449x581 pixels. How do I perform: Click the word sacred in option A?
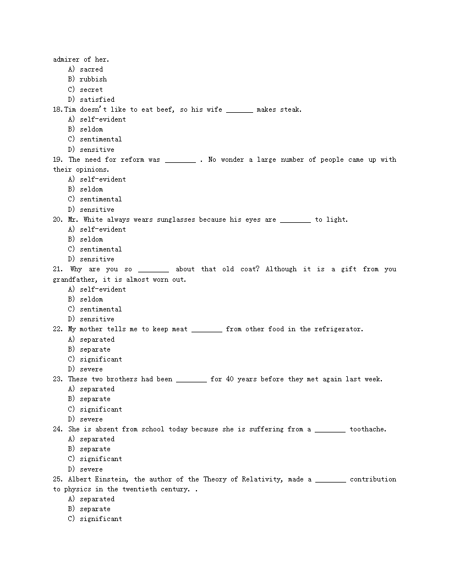point(91,69)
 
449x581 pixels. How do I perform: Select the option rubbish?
point(93,79)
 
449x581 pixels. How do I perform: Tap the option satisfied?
point(97,100)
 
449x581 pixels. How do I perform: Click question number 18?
point(57,109)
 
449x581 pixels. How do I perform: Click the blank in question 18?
point(239,110)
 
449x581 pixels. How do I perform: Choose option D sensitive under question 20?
point(97,259)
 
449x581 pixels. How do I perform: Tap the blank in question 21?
point(154,270)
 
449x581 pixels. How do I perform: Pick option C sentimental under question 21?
point(101,309)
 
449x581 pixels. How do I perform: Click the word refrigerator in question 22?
point(338,329)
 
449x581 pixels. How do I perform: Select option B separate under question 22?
point(95,349)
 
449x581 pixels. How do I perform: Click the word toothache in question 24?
point(368,429)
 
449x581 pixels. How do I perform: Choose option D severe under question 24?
point(91,469)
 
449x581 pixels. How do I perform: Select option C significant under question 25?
point(101,519)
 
